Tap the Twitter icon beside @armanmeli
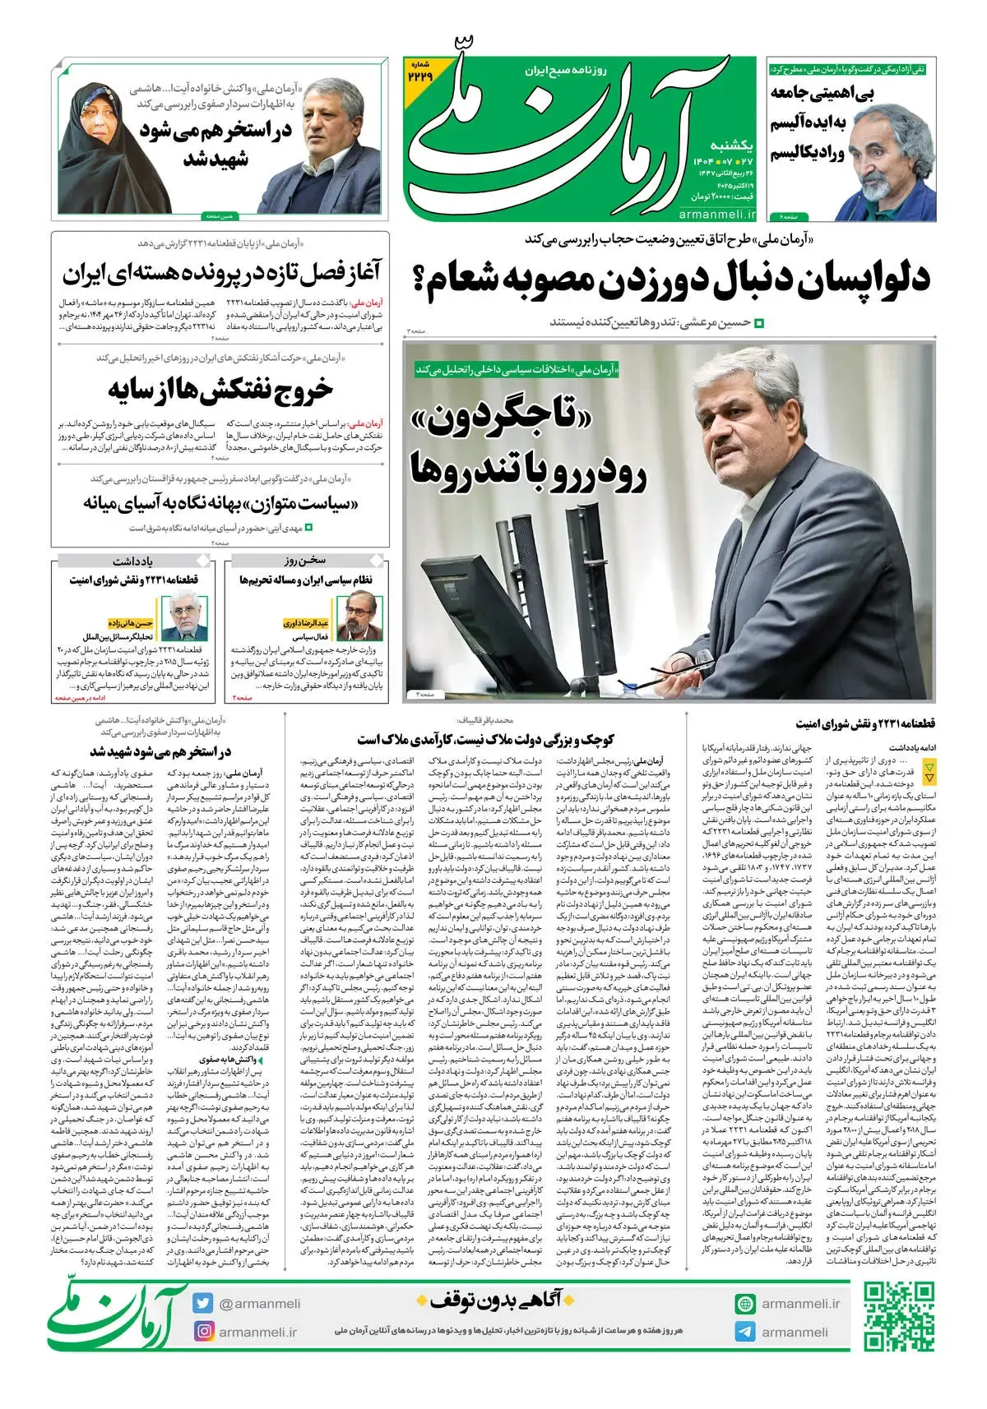pyautogui.click(x=203, y=1303)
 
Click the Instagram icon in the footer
pyautogui.click(x=203, y=1331)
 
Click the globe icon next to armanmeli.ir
pyautogui.click(x=745, y=1304)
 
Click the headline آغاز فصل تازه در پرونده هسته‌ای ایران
pyautogui.click(x=220, y=272)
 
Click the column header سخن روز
pyautogui.click(x=305, y=561)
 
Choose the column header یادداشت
pyautogui.click(x=132, y=561)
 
